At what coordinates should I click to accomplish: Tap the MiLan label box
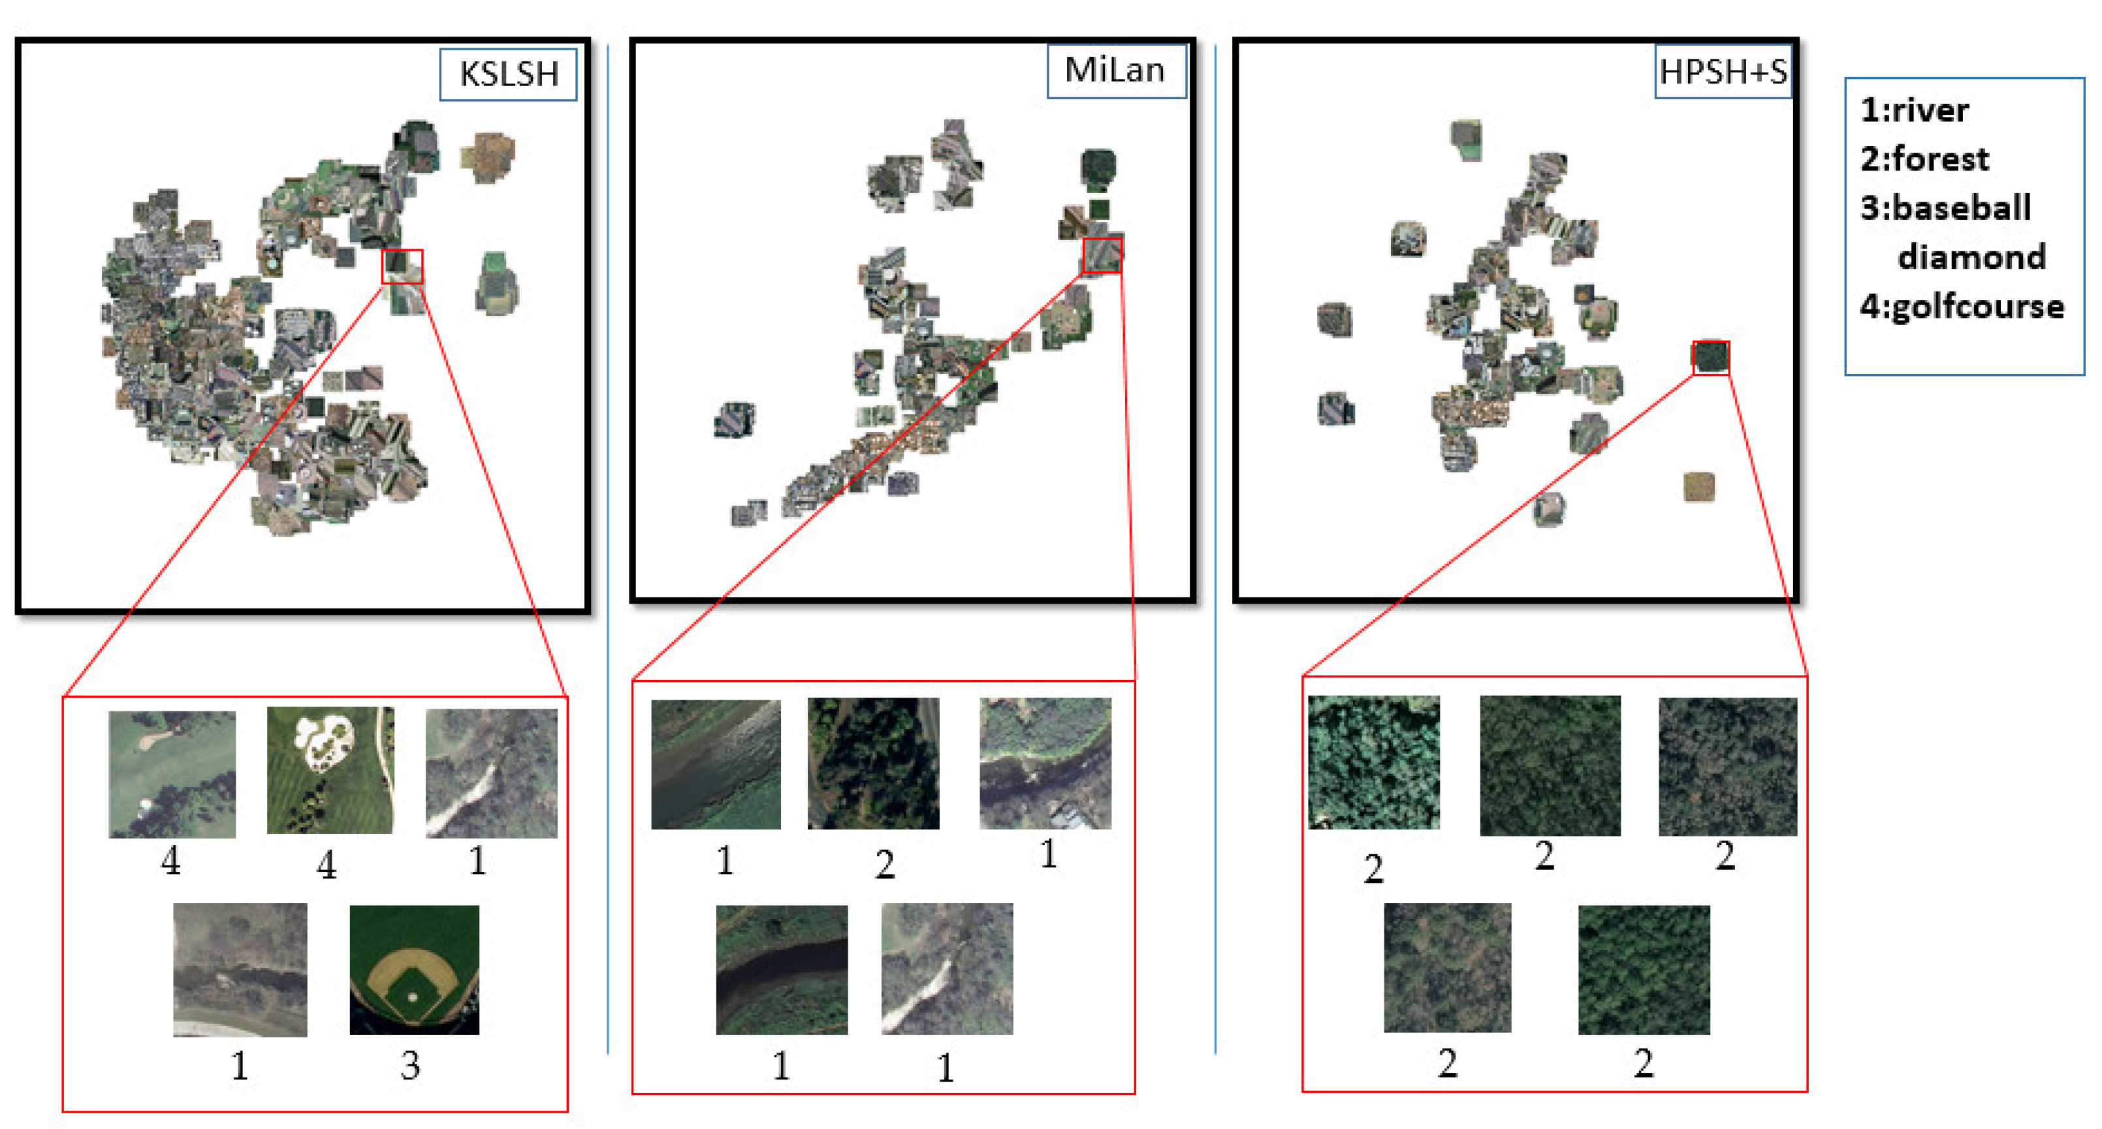point(1115,71)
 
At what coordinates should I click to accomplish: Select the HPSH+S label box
point(1723,72)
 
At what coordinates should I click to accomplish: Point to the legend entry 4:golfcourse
point(1961,307)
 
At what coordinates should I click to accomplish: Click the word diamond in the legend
point(1971,258)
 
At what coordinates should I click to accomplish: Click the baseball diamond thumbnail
point(414,969)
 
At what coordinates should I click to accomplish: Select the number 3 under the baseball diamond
point(411,1065)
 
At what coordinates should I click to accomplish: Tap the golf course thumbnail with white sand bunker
point(330,770)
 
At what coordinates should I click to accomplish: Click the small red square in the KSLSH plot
point(402,267)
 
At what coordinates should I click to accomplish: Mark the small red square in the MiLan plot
point(1102,255)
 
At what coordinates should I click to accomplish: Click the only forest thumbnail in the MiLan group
point(873,764)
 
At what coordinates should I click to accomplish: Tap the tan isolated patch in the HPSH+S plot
point(1699,487)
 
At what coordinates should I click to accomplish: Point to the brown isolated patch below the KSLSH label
point(487,157)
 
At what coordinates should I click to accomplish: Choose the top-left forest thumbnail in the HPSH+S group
point(1373,762)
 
